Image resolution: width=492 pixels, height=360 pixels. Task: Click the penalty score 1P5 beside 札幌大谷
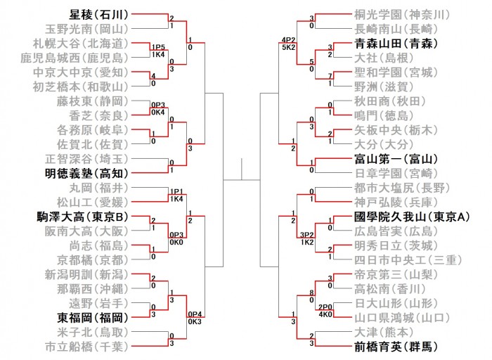point(157,47)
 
